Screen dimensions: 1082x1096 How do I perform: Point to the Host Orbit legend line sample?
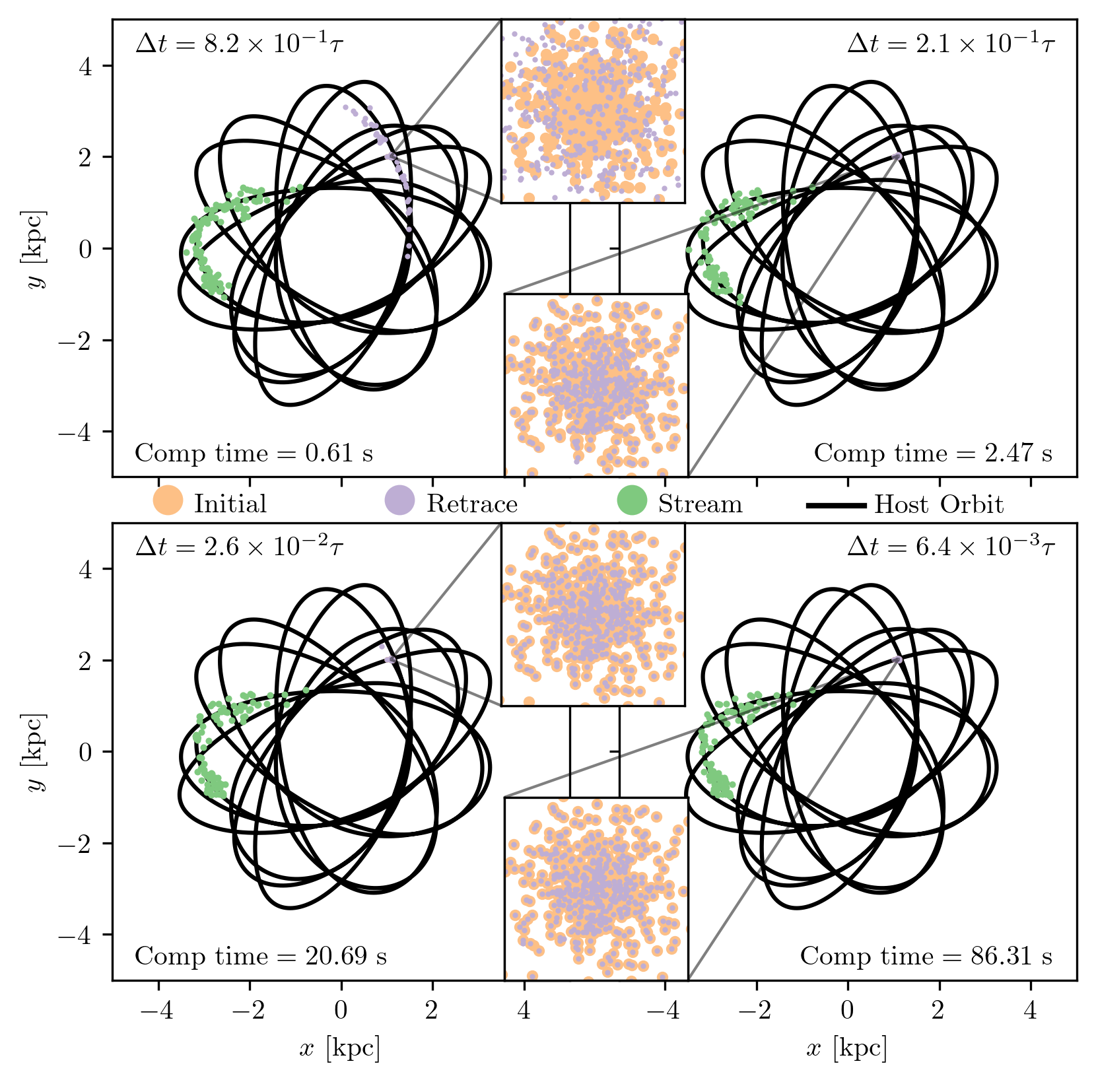(x=836, y=505)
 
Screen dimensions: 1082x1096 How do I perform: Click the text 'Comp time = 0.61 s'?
(x=254, y=454)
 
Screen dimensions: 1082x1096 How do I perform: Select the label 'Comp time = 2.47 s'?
(x=933, y=454)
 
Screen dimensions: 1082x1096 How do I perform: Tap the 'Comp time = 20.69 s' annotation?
(x=261, y=957)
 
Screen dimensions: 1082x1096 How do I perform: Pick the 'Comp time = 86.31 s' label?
(x=926, y=957)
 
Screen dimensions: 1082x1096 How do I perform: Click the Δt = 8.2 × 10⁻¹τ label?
(x=239, y=44)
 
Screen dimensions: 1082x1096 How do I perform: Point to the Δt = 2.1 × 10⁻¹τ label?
(x=951, y=44)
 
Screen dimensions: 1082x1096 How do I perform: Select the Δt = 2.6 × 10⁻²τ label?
(x=239, y=547)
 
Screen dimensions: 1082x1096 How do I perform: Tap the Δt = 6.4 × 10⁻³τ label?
(x=951, y=547)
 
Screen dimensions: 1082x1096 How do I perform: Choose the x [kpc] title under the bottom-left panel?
(x=339, y=1048)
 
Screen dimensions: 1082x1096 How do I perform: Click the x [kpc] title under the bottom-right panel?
(x=846, y=1048)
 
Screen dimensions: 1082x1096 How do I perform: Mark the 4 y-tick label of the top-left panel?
(x=86, y=66)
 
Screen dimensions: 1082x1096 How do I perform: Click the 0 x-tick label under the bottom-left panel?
(x=341, y=1011)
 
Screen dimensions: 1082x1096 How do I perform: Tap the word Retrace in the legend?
(x=471, y=504)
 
